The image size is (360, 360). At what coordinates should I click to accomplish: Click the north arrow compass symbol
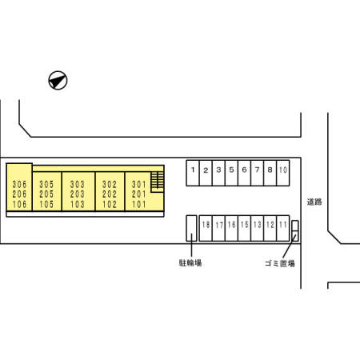click(x=58, y=80)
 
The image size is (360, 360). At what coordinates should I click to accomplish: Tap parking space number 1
click(x=193, y=173)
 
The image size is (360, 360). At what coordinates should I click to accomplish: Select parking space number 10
click(x=283, y=173)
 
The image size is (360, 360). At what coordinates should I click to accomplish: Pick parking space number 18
click(x=206, y=228)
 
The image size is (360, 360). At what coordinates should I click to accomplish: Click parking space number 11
click(x=283, y=228)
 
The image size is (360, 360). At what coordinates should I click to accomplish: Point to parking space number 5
click(x=231, y=173)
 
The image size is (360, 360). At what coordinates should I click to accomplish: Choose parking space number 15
click(x=244, y=228)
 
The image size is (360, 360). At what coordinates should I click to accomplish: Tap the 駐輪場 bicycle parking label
click(x=190, y=263)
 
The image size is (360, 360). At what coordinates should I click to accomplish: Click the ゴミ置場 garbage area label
click(x=280, y=263)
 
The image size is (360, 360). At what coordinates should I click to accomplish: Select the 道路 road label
click(x=314, y=202)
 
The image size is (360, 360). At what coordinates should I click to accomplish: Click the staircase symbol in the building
click(x=158, y=182)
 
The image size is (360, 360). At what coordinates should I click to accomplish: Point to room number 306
click(x=19, y=184)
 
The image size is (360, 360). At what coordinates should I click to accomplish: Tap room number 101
click(x=139, y=205)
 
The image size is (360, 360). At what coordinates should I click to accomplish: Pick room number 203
click(x=78, y=194)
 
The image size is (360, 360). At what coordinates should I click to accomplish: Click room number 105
click(x=46, y=205)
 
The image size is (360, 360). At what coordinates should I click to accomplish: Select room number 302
click(x=110, y=184)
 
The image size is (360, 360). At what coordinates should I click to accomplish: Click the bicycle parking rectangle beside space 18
click(x=191, y=228)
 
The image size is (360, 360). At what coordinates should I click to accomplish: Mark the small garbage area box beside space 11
click(x=295, y=230)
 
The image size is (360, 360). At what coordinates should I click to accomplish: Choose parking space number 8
click(x=270, y=173)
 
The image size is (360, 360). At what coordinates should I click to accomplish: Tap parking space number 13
click(x=258, y=228)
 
